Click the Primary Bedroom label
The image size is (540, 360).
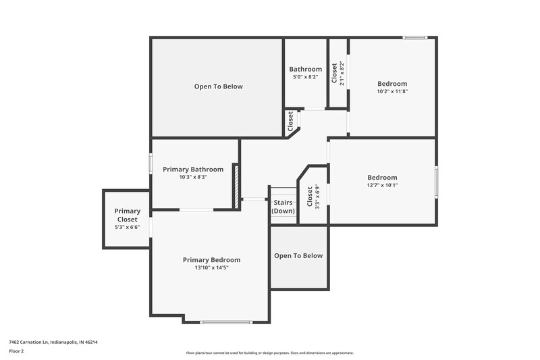pyautogui.click(x=211, y=259)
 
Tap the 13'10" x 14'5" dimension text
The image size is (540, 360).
pyautogui.click(x=211, y=267)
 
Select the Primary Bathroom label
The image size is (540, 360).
pyautogui.click(x=193, y=169)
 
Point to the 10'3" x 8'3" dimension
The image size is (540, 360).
pyautogui.click(x=193, y=177)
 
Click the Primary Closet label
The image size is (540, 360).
pyautogui.click(x=127, y=215)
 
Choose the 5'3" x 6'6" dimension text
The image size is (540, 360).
pyautogui.click(x=127, y=227)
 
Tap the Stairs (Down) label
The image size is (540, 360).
pyautogui.click(x=283, y=206)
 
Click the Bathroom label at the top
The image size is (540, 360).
pyautogui.click(x=305, y=69)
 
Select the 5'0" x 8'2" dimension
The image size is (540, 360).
pyautogui.click(x=305, y=77)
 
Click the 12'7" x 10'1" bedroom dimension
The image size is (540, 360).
pyautogui.click(x=382, y=185)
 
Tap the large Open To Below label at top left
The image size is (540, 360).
pyautogui.click(x=218, y=86)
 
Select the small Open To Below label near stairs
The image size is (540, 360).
pyautogui.click(x=298, y=255)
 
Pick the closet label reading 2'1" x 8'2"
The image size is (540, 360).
pyautogui.click(x=337, y=73)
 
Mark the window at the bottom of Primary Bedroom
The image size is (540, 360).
pyautogui.click(x=226, y=322)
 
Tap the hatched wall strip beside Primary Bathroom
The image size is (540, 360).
pyautogui.click(x=236, y=185)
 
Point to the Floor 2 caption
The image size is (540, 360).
pyautogui.click(x=16, y=351)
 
